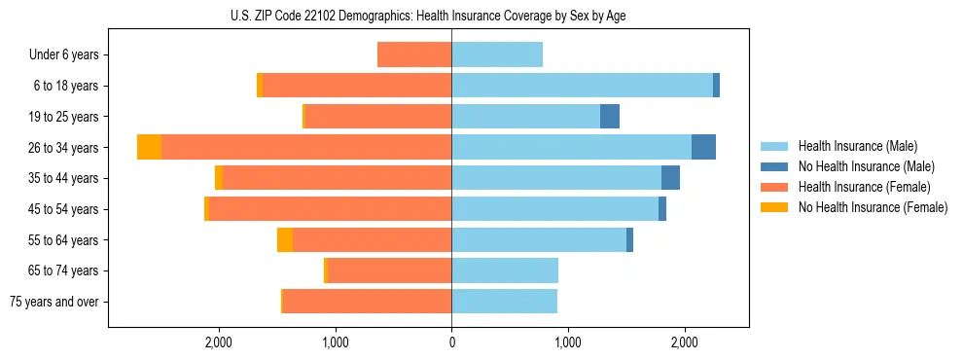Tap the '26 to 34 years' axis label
click(63, 148)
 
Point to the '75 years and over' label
click(53, 302)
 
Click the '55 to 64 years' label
click(63, 240)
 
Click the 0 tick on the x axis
click(451, 342)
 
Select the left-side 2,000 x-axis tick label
click(218, 342)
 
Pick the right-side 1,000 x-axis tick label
click(568, 342)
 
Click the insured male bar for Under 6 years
click(497, 55)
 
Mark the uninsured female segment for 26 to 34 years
click(149, 147)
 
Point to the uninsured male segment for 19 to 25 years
click(610, 117)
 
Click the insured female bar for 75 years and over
click(367, 302)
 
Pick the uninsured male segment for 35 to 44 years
click(670, 178)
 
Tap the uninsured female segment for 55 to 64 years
click(285, 240)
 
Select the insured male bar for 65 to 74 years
click(505, 270)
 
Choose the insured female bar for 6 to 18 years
click(357, 86)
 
